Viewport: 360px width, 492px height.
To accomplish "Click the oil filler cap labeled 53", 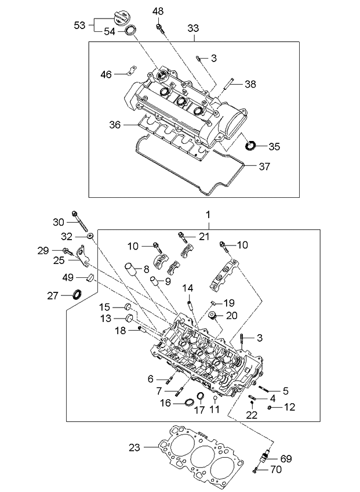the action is coord(121,18).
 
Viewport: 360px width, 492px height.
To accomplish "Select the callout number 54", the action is coord(110,32).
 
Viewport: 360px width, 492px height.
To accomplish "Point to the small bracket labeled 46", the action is coord(132,70).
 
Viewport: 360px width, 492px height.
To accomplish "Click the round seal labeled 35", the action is coord(250,146).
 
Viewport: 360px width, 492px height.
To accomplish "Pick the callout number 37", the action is coord(264,167).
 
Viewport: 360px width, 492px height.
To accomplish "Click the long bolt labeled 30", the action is coord(80,221).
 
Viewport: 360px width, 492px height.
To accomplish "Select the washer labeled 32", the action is coord(90,236).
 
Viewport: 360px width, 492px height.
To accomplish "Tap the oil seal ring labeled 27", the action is coord(77,295).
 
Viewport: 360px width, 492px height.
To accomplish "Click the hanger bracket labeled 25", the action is coord(82,256).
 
